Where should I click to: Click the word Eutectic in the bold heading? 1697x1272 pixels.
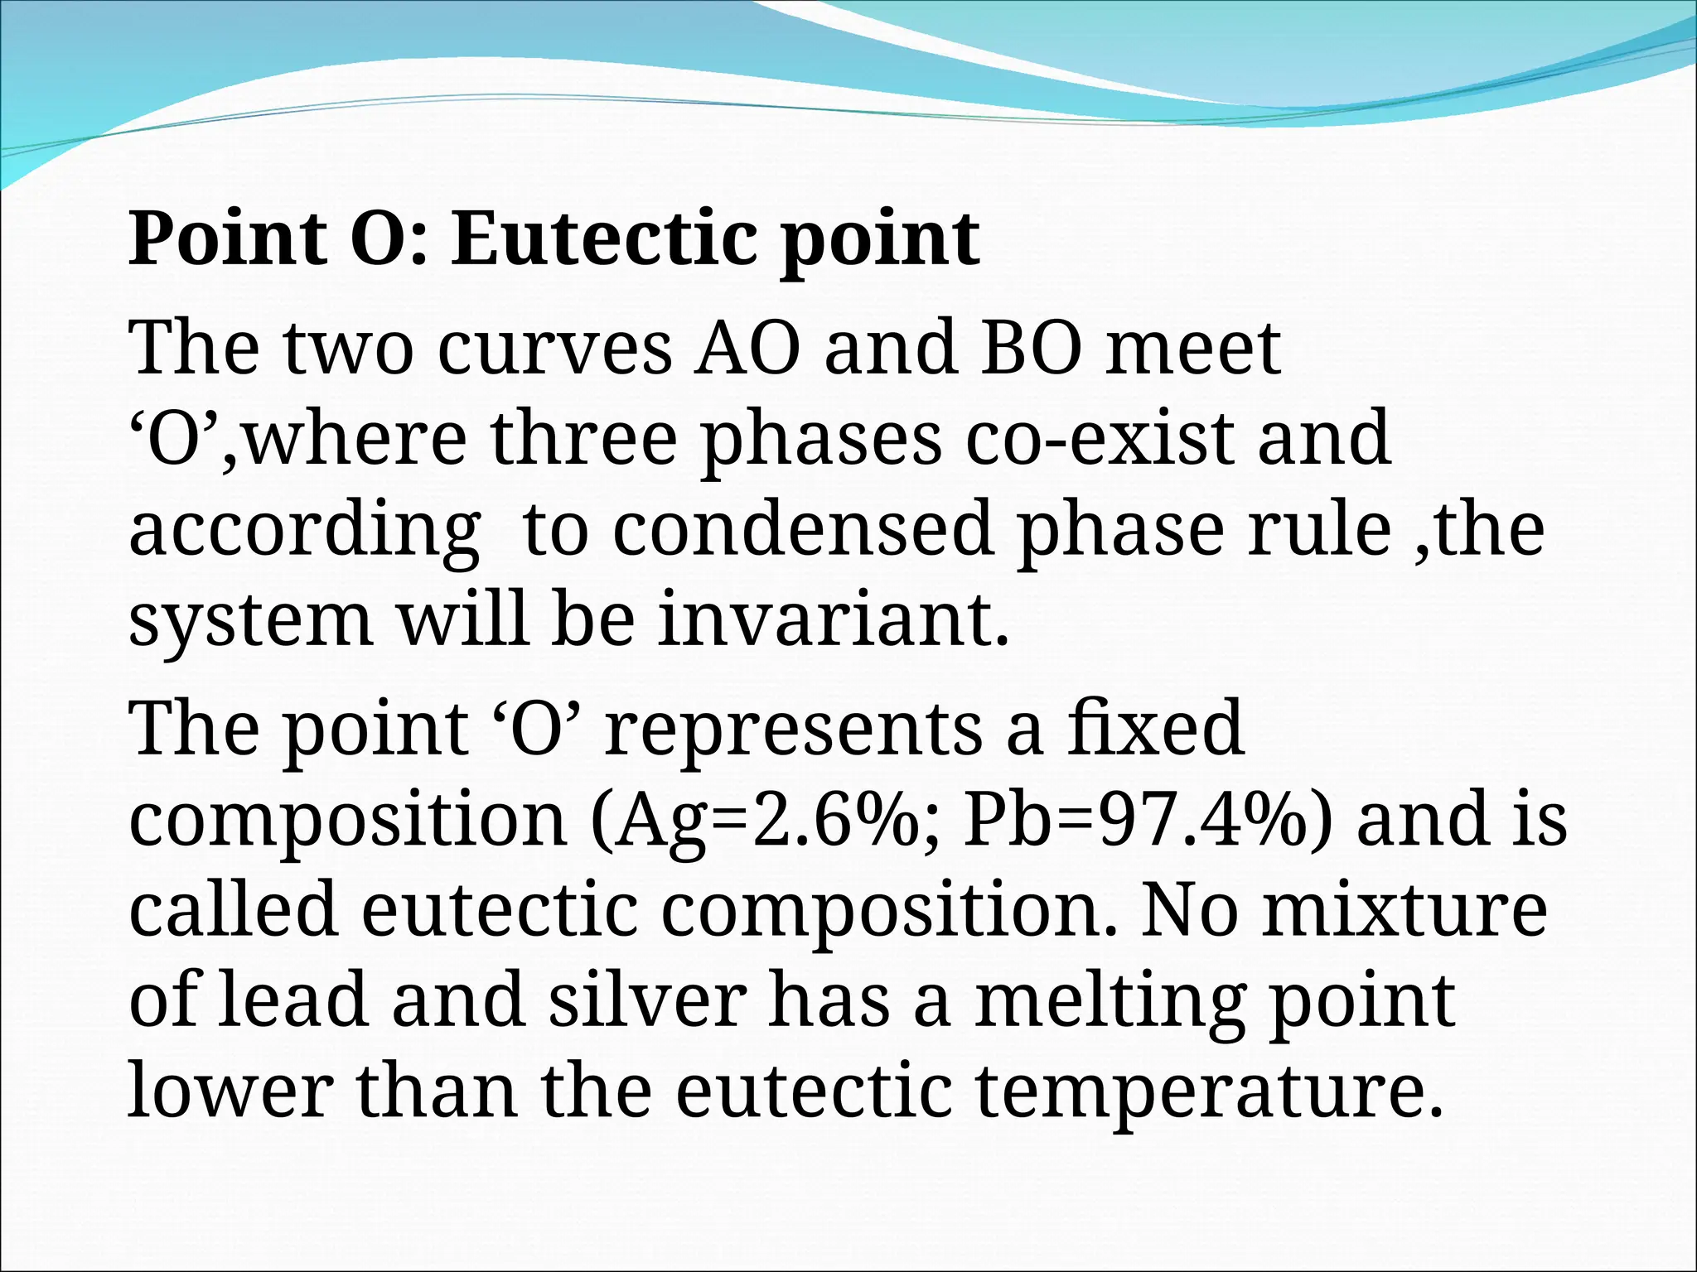pyautogui.click(x=603, y=239)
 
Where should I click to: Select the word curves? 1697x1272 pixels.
pyautogui.click(x=554, y=348)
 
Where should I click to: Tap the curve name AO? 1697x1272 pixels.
pyautogui.click(x=748, y=348)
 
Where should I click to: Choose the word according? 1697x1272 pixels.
pyautogui.click(x=304, y=531)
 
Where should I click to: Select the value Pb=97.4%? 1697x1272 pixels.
pyautogui.click(x=1148, y=820)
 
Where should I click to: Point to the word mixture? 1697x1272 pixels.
pyautogui.click(x=1404, y=910)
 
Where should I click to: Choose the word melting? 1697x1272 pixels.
pyautogui.click(x=1109, y=1002)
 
